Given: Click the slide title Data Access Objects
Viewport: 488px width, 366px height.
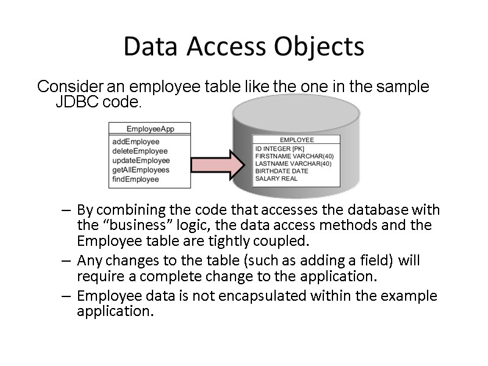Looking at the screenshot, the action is coord(243,47).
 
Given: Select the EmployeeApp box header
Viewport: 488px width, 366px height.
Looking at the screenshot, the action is coord(150,129).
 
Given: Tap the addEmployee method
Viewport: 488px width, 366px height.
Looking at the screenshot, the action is coord(135,142).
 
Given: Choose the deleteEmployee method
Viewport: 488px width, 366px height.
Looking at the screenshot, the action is coord(140,151).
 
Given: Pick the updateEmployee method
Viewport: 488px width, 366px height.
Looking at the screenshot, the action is coord(141,160).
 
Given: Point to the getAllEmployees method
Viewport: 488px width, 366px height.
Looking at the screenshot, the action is coord(141,170).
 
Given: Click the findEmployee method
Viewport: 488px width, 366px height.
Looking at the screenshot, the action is coord(135,179).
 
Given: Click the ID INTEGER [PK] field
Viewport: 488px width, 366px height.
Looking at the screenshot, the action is coord(279,149).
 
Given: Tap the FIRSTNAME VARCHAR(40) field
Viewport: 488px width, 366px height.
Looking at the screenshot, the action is coord(294,156).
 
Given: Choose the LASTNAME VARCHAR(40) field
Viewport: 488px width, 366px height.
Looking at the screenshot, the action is coord(293,163).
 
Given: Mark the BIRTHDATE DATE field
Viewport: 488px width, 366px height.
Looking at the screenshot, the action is coord(281,171).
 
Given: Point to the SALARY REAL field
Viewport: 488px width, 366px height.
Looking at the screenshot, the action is coord(276,179).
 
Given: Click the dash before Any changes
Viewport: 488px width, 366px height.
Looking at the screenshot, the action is coord(67,261).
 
